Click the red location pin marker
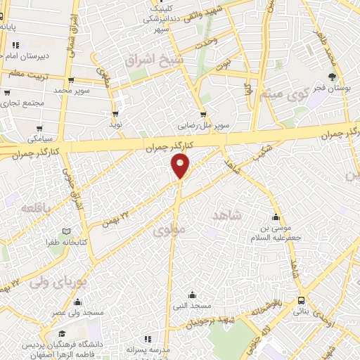181,166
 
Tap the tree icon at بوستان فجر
332,77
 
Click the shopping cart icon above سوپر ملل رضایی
203,115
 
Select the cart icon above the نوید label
115,113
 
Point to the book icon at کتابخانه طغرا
66,231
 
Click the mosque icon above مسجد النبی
191,295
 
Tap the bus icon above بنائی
301,299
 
